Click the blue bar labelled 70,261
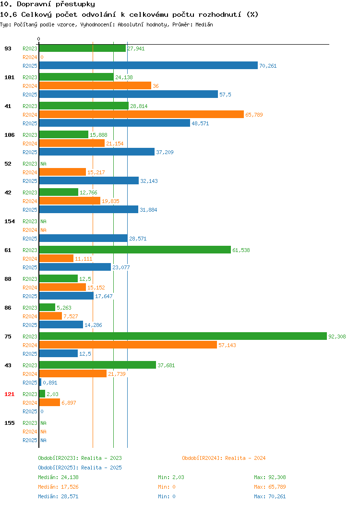[148, 65]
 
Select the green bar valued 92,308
[183, 336]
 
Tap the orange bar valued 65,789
[141, 114]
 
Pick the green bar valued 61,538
[135, 250]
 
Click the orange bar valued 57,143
[128, 345]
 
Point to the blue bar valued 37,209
[97, 152]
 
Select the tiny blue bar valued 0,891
[40, 382]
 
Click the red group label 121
[9, 394]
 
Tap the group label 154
[9, 221]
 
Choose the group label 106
[9, 135]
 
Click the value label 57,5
[225, 95]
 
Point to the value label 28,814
[139, 106]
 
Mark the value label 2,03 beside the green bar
[52, 394]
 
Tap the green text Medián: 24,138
[58, 477]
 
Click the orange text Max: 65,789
[270, 487]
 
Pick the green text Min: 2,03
[171, 477]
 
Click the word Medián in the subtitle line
[204, 24]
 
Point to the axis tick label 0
[39, 39]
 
